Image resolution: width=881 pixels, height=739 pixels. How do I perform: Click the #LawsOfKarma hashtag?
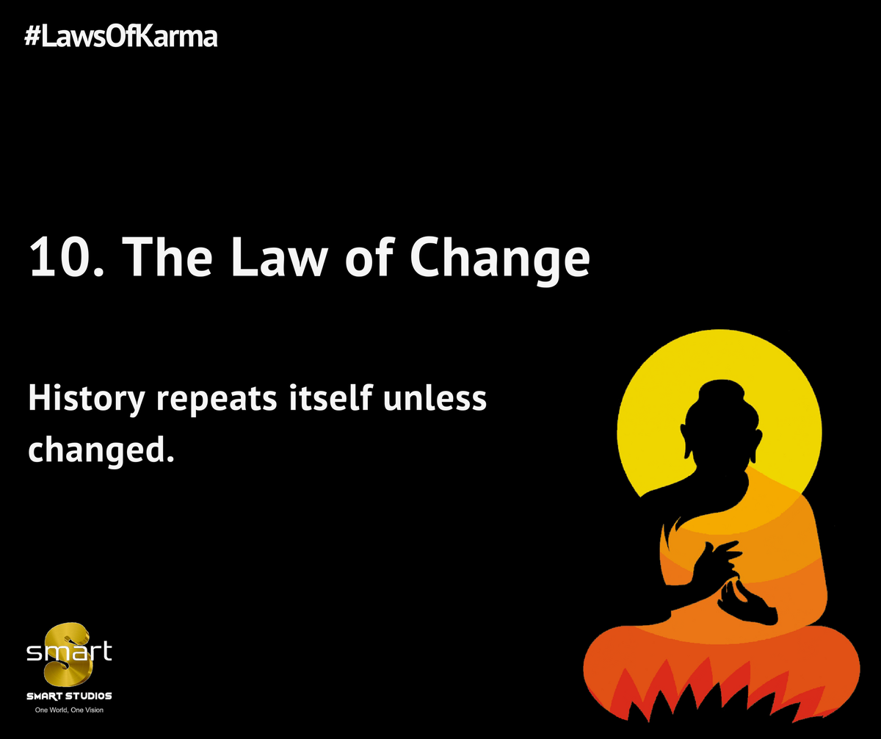tap(121, 36)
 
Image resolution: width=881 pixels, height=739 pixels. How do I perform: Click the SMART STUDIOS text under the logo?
tap(69, 696)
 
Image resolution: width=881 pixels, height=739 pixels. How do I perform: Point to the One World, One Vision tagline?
tap(69, 711)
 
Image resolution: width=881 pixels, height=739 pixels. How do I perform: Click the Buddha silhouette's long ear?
tap(687, 441)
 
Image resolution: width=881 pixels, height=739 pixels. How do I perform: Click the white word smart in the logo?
tap(69, 652)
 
